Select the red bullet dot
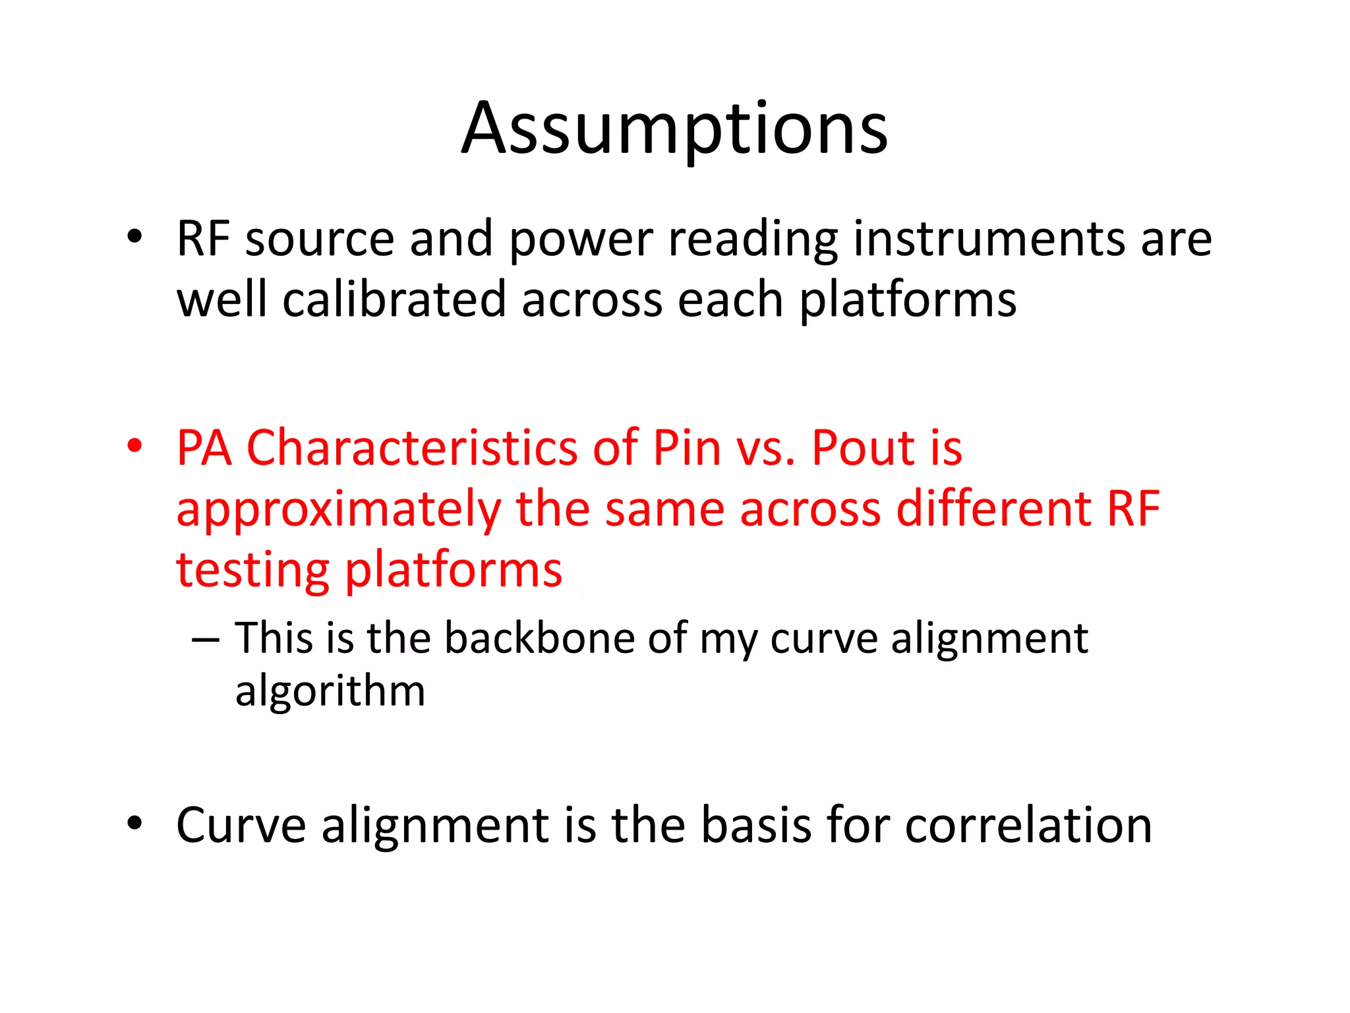[x=134, y=446]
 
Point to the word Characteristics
[x=411, y=448]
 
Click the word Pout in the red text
[x=863, y=448]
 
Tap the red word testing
[x=252, y=570]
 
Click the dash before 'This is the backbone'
[x=205, y=640]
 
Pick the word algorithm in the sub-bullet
[x=330, y=692]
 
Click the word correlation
[x=1028, y=825]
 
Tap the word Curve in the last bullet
[x=241, y=825]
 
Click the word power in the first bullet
[x=581, y=240]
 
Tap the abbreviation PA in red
[x=204, y=448]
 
